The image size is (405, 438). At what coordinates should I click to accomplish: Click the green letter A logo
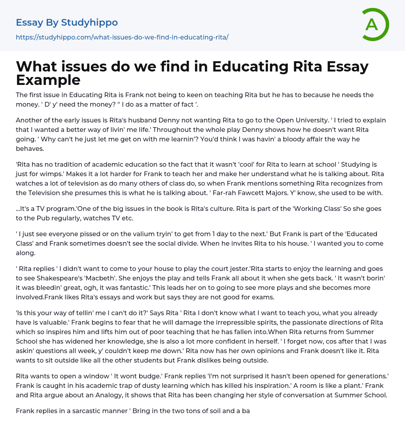[x=375, y=24]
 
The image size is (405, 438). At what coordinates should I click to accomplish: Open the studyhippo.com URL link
[x=122, y=37]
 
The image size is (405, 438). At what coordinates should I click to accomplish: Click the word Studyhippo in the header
[x=89, y=23]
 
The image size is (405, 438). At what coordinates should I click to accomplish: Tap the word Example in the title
[x=48, y=80]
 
